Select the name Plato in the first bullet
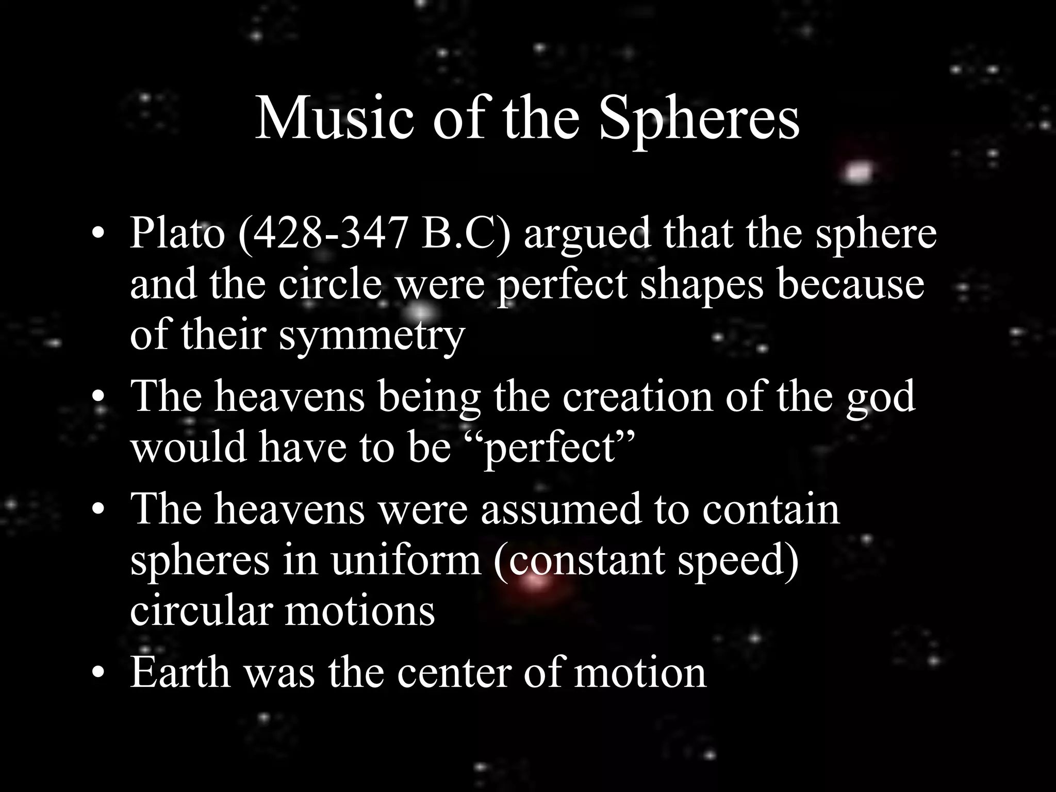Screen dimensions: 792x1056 (x=177, y=233)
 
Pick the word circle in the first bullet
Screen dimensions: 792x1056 (x=331, y=284)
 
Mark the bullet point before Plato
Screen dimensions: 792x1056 (x=98, y=235)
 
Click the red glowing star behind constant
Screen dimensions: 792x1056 (x=536, y=581)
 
